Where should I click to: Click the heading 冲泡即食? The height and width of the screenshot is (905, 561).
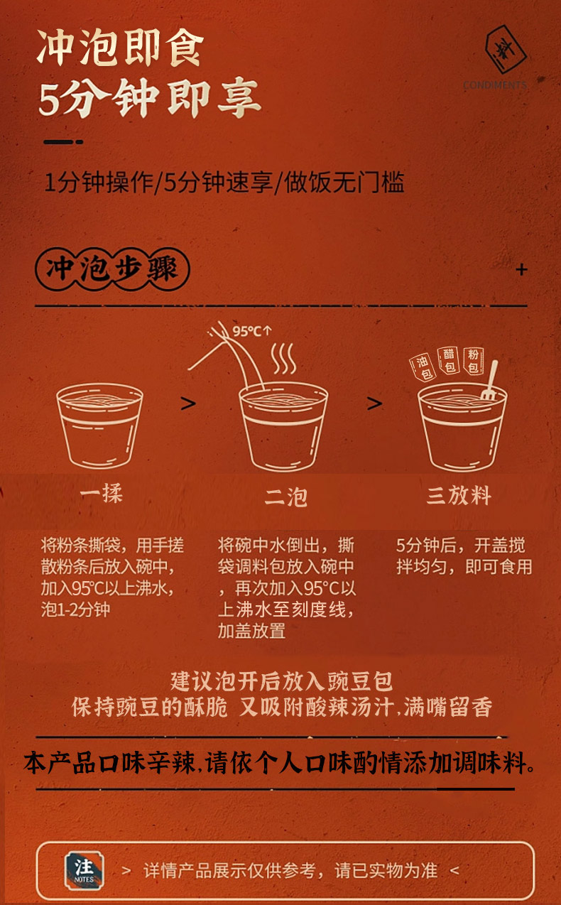coord(120,48)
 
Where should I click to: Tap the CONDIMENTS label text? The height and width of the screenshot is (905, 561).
coord(495,85)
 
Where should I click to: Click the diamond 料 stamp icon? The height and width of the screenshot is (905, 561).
coord(506,49)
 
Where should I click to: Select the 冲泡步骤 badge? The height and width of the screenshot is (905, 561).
coord(112,269)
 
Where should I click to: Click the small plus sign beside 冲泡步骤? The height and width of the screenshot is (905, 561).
coord(521,269)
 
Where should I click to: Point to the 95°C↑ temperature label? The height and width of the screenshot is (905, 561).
coord(252,331)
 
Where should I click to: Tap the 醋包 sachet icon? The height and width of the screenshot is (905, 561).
coord(449,360)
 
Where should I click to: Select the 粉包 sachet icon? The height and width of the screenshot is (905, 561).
coord(474,361)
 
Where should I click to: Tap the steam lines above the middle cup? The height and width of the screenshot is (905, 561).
coord(284,358)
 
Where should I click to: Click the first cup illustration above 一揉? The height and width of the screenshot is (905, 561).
coord(99,426)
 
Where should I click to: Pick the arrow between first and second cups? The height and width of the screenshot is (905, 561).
coord(188,403)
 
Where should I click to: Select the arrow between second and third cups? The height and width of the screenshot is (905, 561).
coord(374,403)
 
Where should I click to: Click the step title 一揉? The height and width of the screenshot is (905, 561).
coord(101,493)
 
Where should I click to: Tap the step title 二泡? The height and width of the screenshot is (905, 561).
coord(286,497)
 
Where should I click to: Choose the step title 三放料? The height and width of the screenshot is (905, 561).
coord(459,495)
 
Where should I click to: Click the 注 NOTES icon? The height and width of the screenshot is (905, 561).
coord(85,870)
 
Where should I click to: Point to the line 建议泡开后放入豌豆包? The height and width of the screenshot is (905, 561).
coord(281,681)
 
